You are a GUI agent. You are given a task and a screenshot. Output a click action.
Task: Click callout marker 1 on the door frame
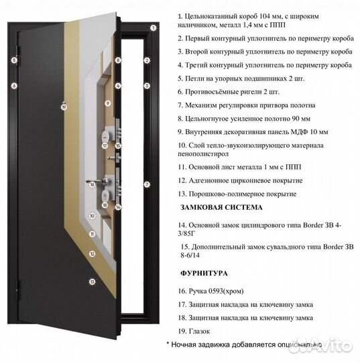(153, 28)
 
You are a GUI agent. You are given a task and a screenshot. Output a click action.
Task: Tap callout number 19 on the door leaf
(64, 106)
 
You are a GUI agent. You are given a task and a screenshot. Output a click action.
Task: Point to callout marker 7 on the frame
(146, 183)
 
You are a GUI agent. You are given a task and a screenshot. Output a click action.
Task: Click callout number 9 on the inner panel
(107, 104)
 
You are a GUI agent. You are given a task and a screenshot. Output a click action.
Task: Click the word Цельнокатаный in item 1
(214, 15)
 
